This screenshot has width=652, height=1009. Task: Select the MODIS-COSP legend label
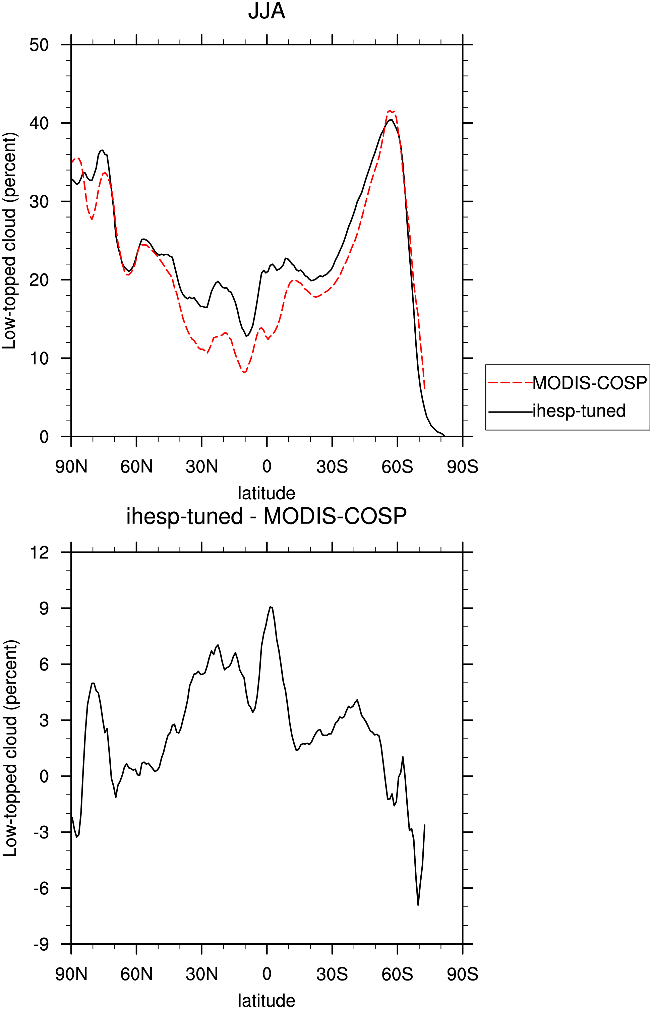589,383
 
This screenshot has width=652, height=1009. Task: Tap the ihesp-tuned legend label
579,411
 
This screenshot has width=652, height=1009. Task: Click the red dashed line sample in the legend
510,383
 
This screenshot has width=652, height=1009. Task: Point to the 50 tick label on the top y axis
39,45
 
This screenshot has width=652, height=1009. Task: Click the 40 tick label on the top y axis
39,123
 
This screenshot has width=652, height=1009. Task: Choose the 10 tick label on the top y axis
39,359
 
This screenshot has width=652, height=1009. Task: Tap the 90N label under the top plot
71,467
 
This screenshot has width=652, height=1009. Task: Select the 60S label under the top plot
397,467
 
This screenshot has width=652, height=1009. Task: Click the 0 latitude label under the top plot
267,467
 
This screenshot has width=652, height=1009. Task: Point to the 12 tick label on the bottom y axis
39,552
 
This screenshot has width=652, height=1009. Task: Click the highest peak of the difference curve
270,607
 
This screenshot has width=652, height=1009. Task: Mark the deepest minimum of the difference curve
418,905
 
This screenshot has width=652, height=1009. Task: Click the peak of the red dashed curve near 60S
390,111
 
